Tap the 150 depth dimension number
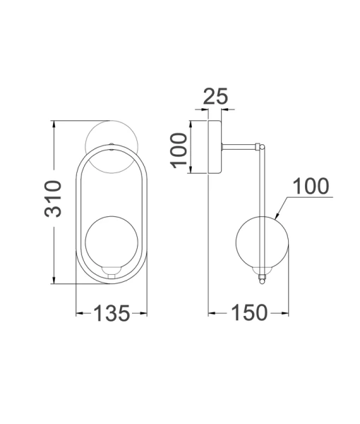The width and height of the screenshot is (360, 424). [248, 312]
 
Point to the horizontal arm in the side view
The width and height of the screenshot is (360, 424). [240, 147]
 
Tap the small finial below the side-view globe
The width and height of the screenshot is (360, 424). [264, 278]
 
